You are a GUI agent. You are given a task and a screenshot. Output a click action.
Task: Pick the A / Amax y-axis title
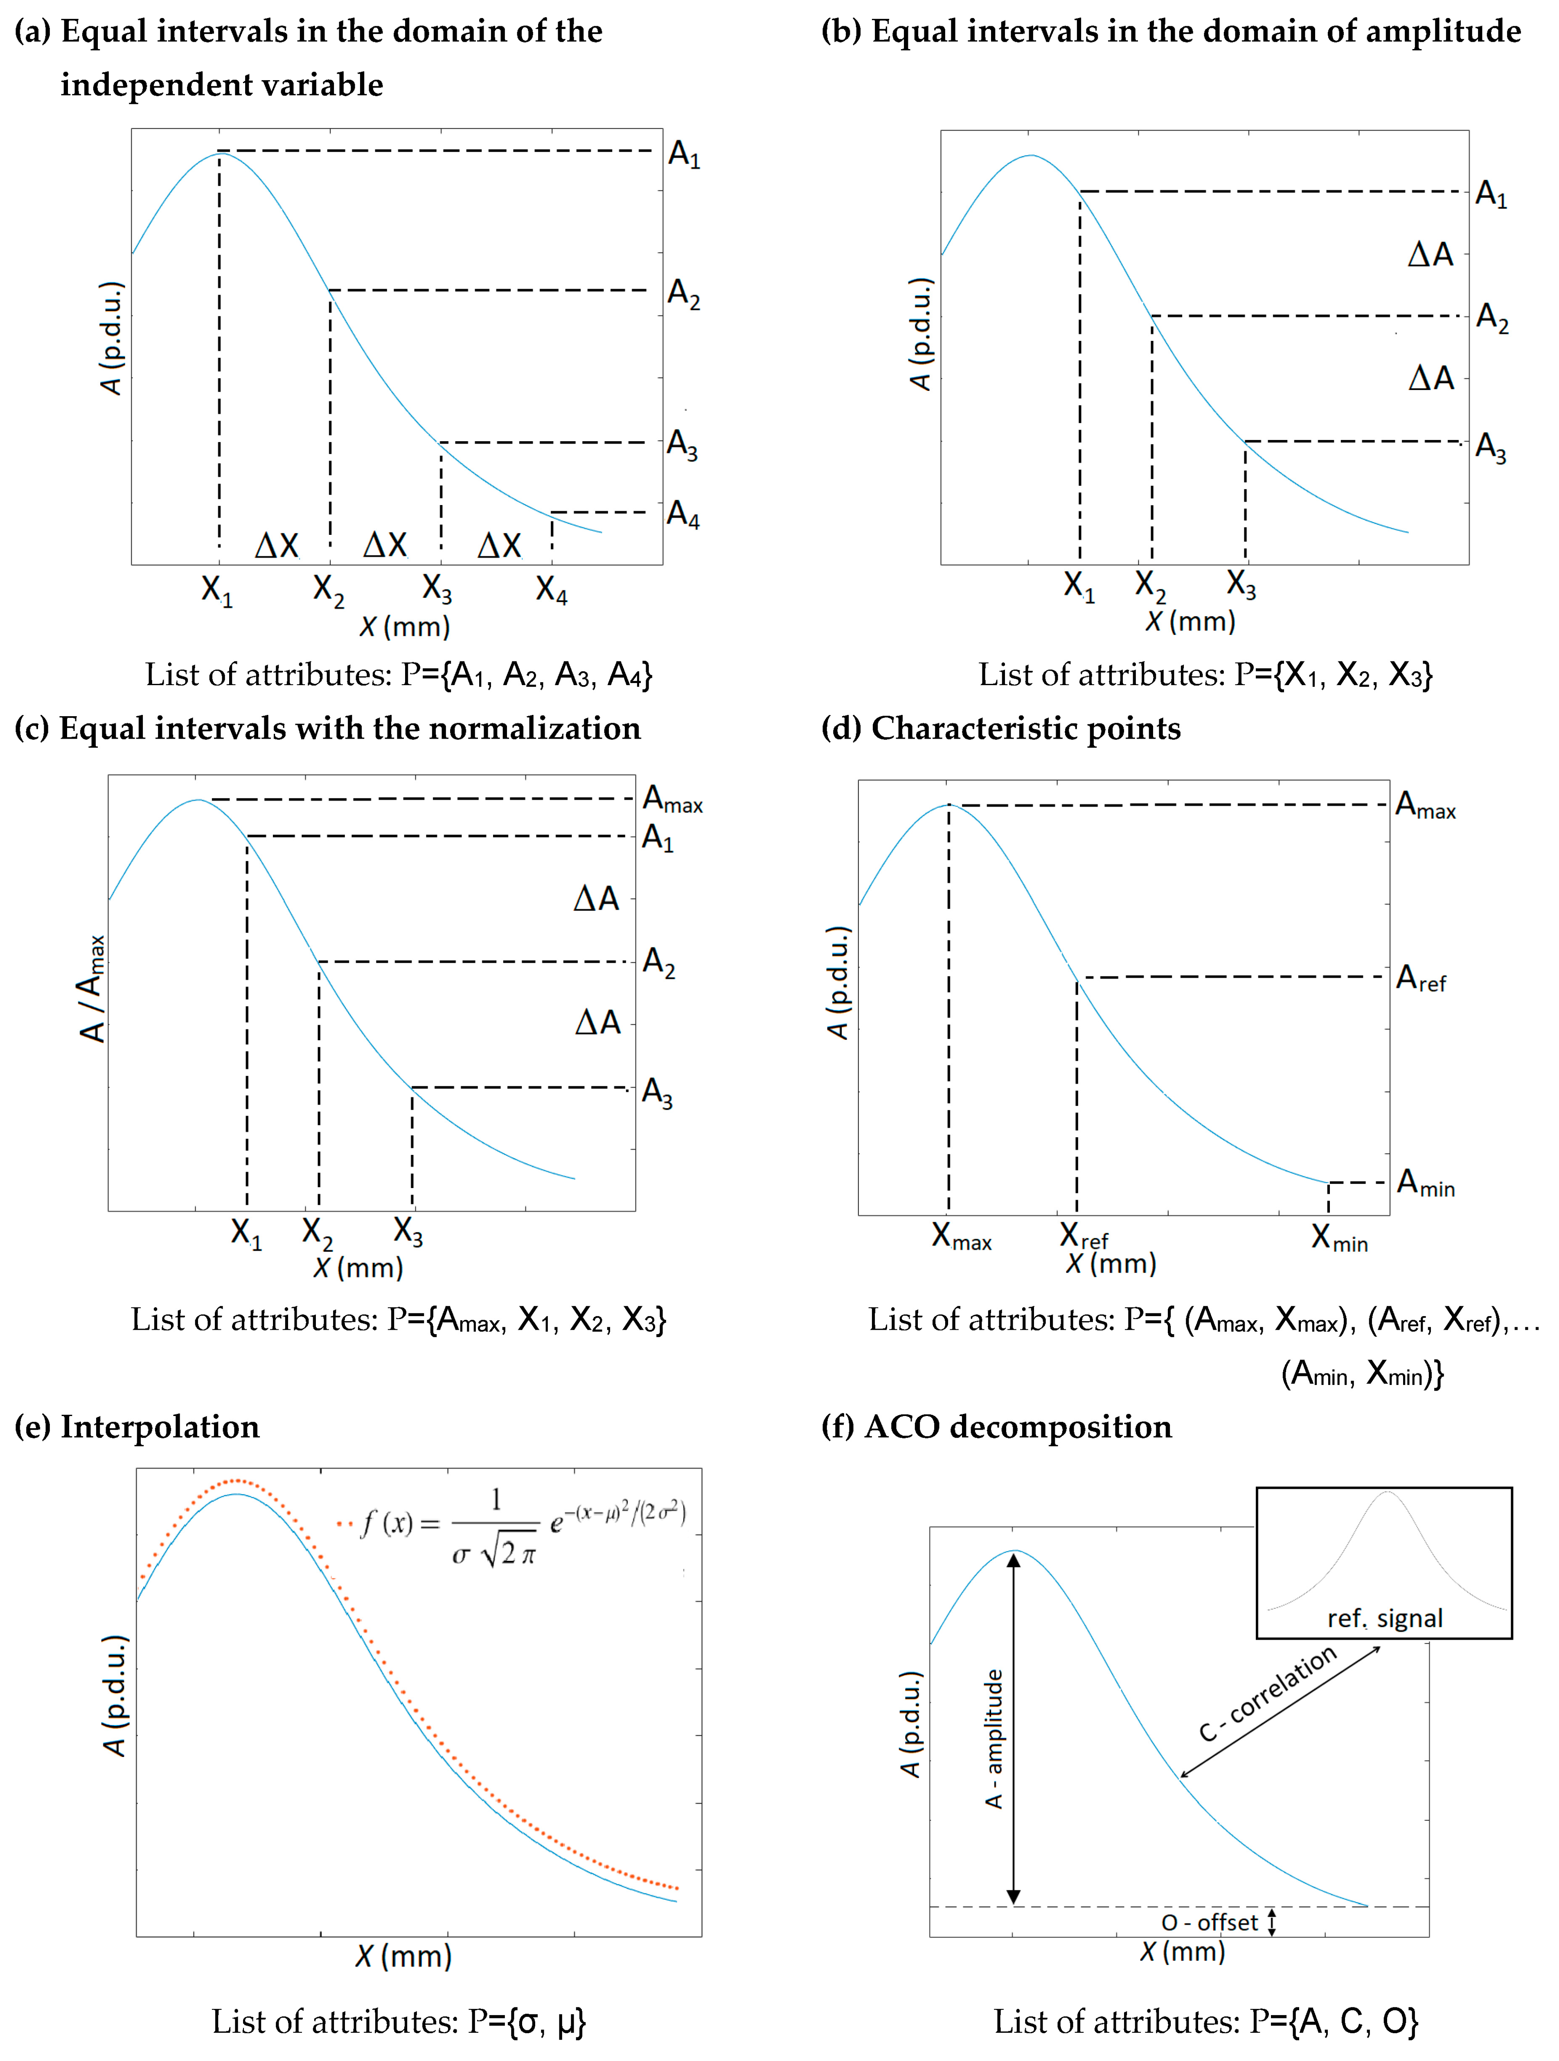(91, 989)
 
